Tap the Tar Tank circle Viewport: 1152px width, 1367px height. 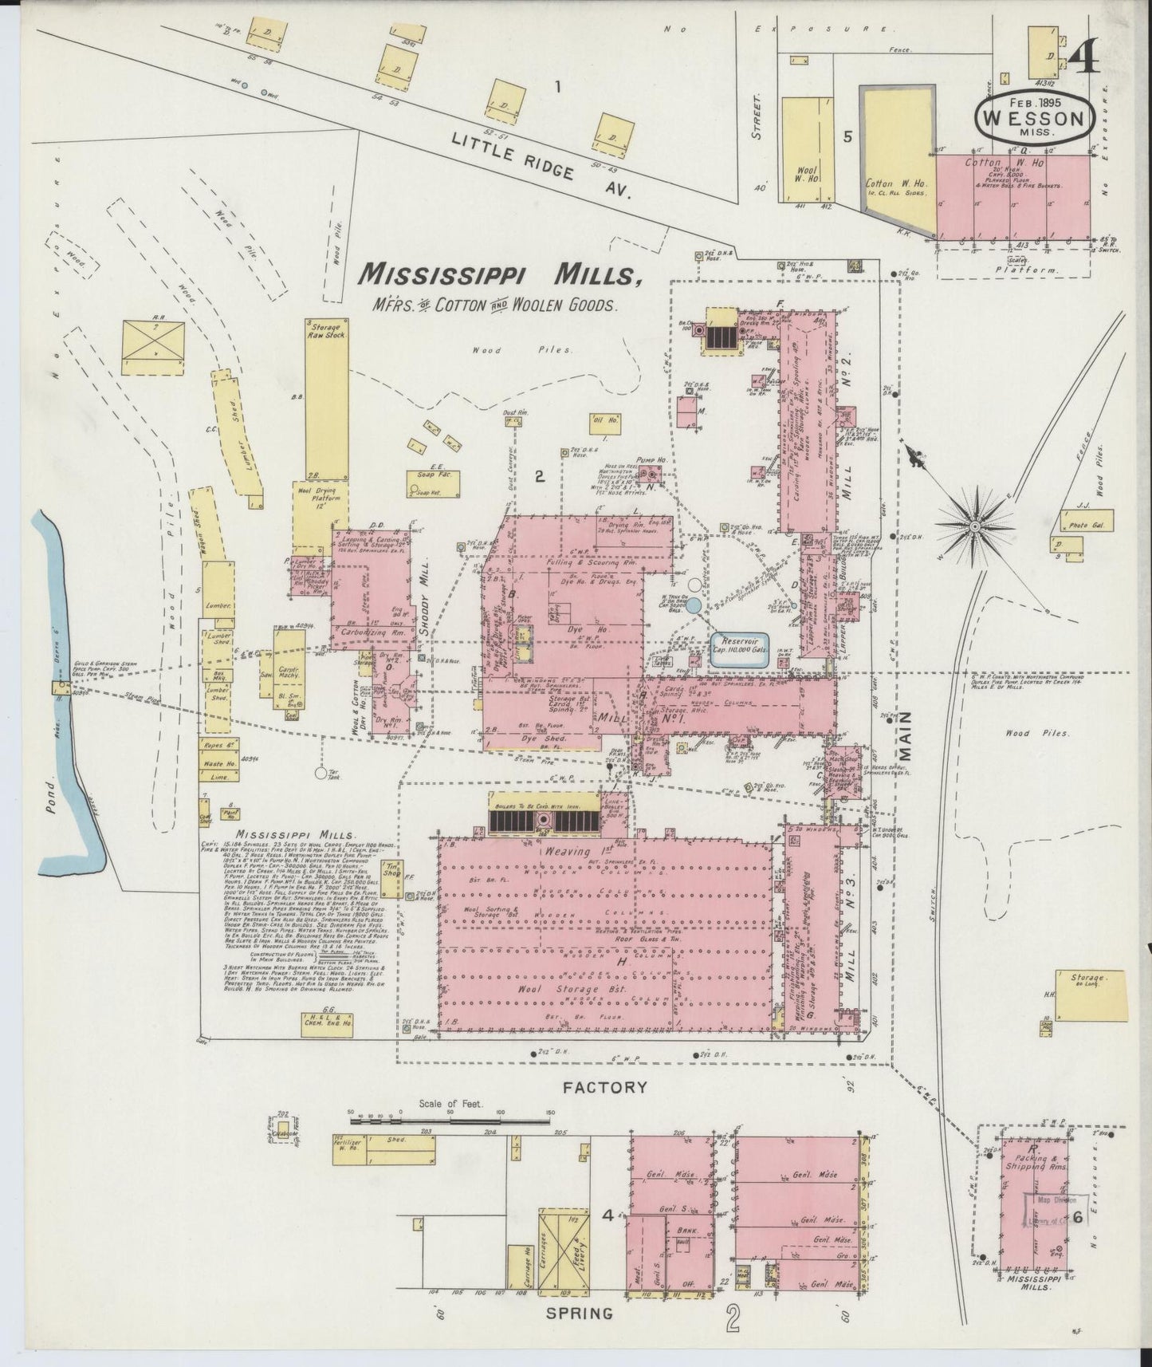point(321,772)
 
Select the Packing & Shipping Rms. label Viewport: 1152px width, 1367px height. point(1037,1161)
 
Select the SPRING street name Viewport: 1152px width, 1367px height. point(584,1313)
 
